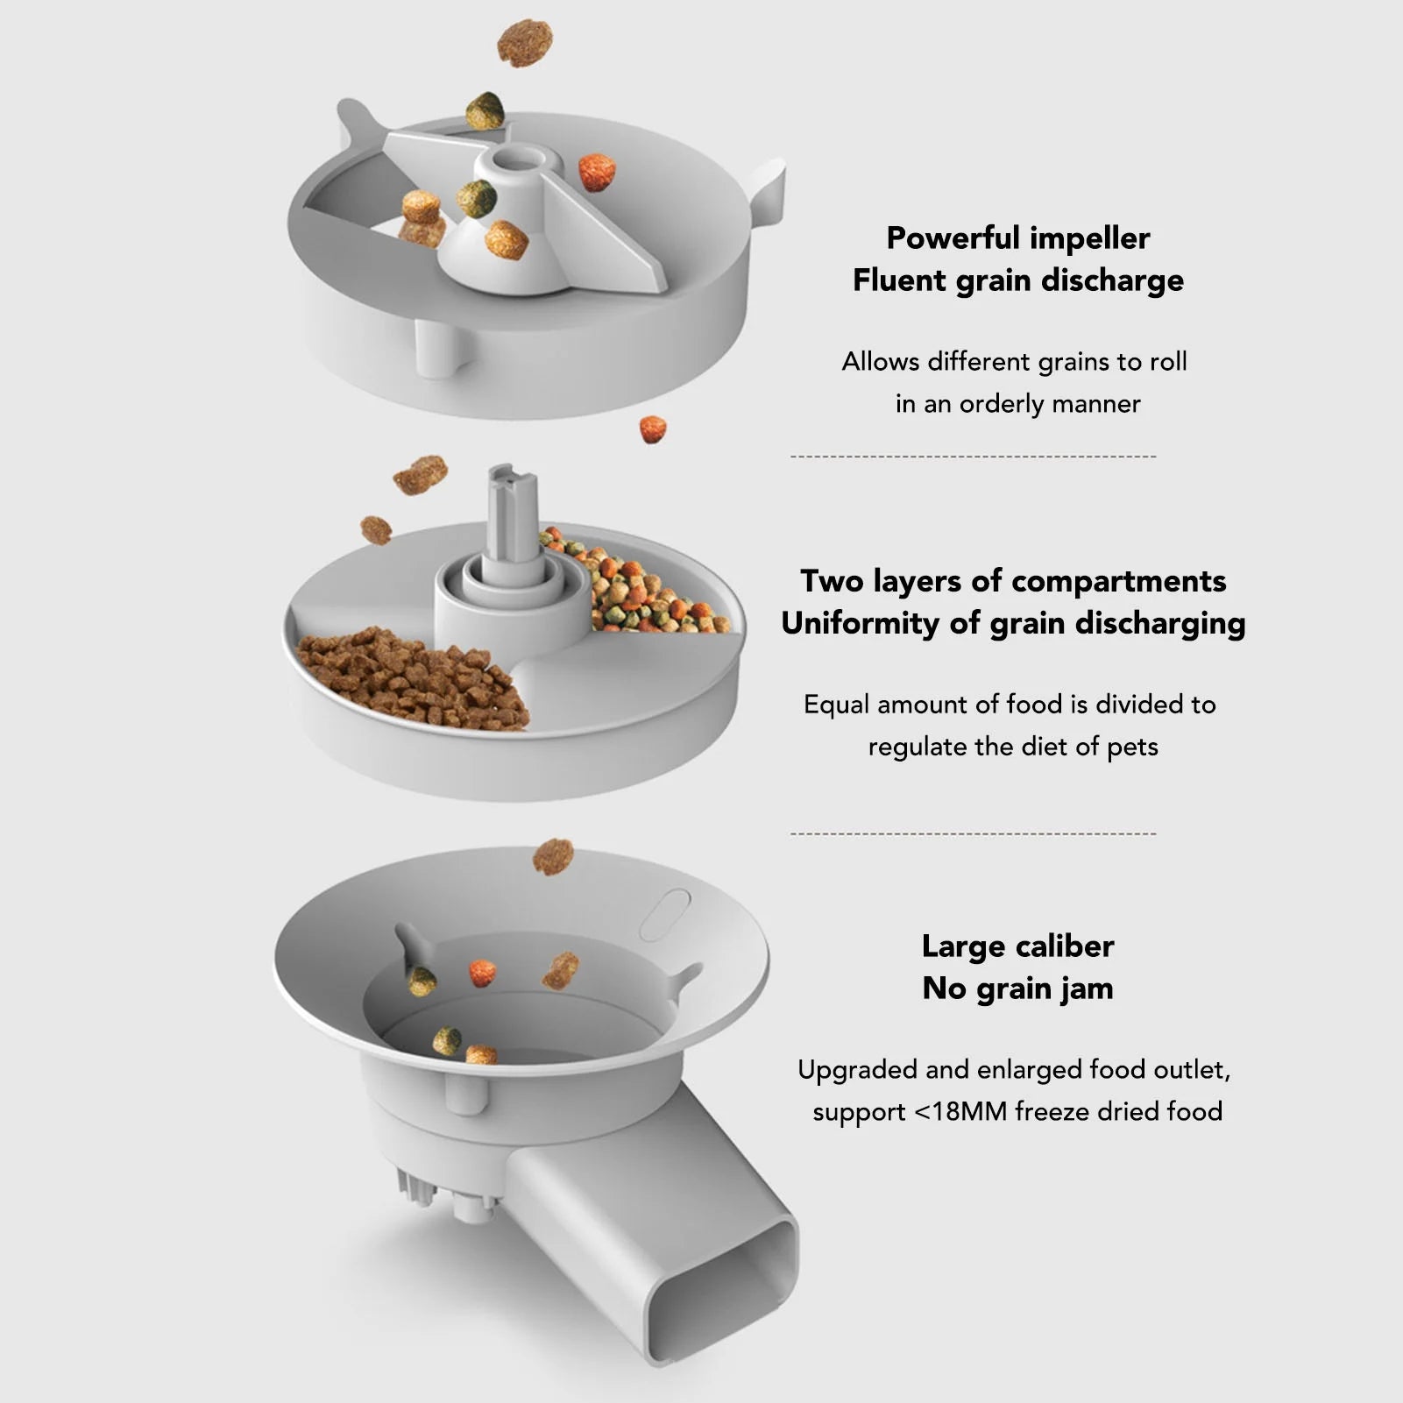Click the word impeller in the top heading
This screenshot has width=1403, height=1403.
click(1089, 238)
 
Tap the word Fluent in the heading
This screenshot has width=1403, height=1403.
click(898, 280)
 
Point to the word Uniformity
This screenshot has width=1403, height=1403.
click(859, 623)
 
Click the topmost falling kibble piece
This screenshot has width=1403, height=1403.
click(525, 43)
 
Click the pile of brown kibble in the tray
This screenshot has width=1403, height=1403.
click(412, 679)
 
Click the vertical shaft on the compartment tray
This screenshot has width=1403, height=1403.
click(513, 517)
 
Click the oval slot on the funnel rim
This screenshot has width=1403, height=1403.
click(665, 914)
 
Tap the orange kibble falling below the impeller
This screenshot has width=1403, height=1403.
click(653, 429)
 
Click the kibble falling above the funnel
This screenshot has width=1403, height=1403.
click(553, 856)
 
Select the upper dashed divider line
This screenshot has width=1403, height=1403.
click(973, 457)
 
